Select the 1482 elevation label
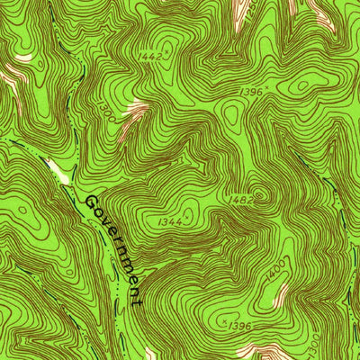(239, 200)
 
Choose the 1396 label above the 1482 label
(253, 94)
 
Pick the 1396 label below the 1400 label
(238, 326)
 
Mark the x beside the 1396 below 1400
(221, 319)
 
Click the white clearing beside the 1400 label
(282, 293)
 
